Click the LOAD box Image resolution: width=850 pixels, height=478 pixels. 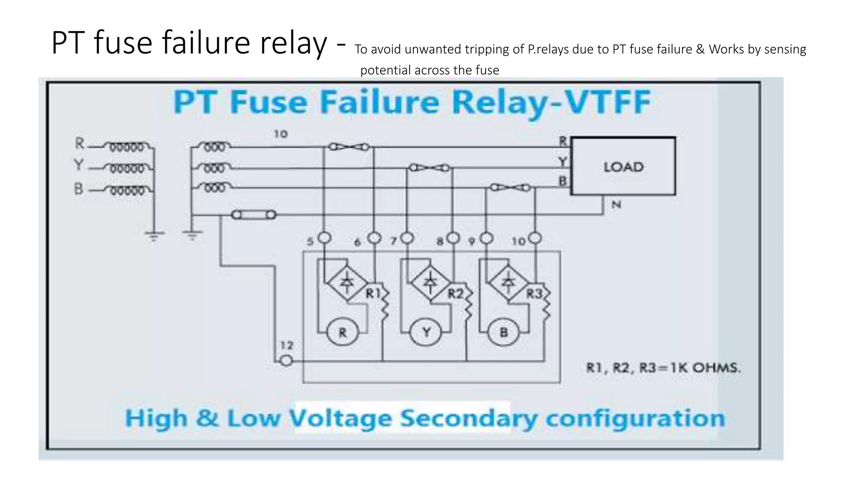[623, 166]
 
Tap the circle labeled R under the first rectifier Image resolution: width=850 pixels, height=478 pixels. [342, 332]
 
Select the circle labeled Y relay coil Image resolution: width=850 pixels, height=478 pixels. [426, 332]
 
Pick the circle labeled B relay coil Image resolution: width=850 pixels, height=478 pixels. [503, 332]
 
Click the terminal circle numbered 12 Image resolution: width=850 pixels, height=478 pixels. [286, 361]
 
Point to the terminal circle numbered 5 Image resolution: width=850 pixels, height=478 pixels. [325, 238]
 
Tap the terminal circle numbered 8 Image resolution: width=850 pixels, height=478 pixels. [453, 238]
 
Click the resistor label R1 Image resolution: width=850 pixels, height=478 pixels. [373, 293]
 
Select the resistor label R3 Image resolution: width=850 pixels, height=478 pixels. [534, 294]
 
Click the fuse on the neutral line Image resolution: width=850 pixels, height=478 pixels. [253, 215]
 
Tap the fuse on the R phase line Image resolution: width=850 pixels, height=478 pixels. [349, 147]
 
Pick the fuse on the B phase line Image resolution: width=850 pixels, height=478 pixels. [510, 188]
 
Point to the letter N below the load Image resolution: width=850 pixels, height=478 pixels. [616, 205]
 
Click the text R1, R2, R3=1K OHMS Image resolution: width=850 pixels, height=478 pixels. [663, 368]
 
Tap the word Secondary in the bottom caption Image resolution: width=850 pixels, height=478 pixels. [469, 418]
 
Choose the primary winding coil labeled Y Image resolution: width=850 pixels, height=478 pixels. [127, 168]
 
